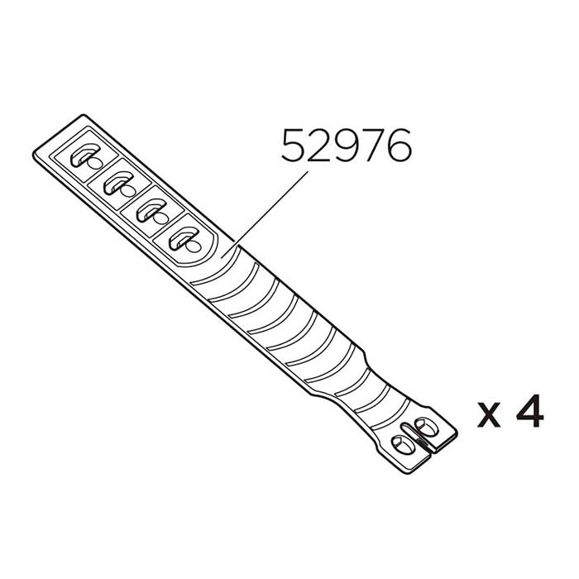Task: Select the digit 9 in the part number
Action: pos(347,147)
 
